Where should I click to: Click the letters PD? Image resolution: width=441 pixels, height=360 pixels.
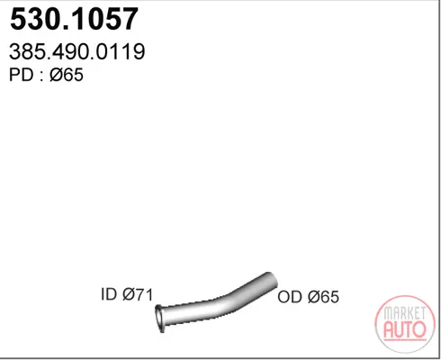pyautogui.click(x=21, y=75)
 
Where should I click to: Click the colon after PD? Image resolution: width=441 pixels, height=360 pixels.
pyautogui.click(x=41, y=76)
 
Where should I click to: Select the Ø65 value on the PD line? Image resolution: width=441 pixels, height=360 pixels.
pyautogui.click(x=67, y=75)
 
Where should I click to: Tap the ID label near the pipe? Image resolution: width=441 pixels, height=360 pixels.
pyautogui.click(x=109, y=294)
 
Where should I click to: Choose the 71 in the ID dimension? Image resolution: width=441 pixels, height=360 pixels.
pyautogui.click(x=145, y=294)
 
